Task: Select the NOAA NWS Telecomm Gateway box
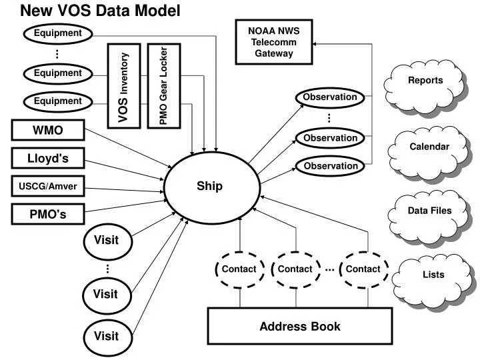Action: [274, 42]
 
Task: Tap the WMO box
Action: [48, 129]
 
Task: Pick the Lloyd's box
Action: [48, 158]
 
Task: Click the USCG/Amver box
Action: [48, 186]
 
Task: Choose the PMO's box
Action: [48, 215]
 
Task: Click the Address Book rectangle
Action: [299, 326]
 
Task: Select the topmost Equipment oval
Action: [57, 33]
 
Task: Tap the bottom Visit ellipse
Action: [105, 335]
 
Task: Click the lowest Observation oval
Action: [330, 165]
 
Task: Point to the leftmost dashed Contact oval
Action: [239, 269]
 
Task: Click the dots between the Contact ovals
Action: [330, 270]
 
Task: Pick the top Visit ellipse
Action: [105, 240]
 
